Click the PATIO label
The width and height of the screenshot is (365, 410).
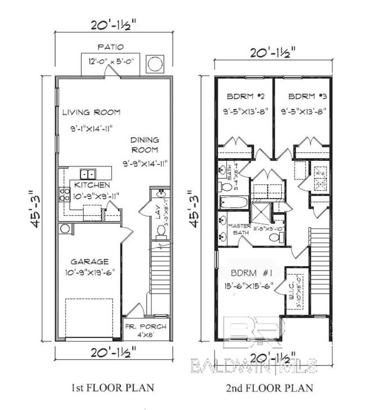109,47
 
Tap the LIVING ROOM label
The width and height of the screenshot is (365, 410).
92,111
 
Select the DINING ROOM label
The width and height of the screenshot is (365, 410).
145,145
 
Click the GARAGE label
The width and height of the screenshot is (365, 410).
89,262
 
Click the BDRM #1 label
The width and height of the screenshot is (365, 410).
252,273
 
